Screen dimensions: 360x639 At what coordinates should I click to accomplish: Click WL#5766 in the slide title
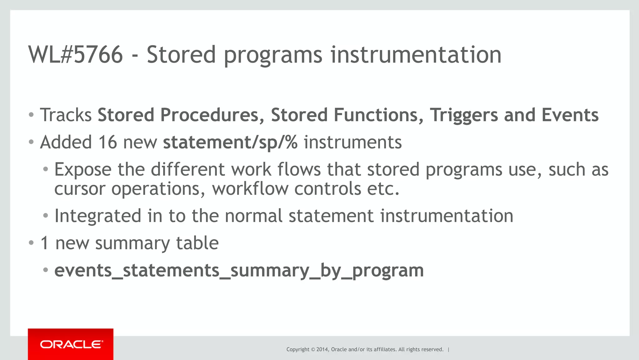point(76,55)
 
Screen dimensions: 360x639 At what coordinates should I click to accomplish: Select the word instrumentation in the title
point(416,55)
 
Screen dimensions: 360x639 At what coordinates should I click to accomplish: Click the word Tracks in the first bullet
point(66,115)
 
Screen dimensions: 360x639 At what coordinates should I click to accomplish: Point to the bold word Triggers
point(464,116)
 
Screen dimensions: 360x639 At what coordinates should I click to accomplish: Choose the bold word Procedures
point(210,115)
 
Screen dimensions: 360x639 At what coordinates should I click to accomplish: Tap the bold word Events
point(570,115)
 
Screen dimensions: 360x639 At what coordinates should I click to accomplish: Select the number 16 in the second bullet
point(108,142)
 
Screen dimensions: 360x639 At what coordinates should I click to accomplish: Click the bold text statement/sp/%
point(230,142)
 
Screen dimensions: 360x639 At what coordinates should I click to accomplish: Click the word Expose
point(83,170)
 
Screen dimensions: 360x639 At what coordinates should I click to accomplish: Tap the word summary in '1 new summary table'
point(133,243)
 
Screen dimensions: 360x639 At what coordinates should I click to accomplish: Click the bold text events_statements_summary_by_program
point(239,270)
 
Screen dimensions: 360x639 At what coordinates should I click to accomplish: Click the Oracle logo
point(71,344)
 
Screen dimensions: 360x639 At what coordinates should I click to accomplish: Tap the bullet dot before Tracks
point(31,115)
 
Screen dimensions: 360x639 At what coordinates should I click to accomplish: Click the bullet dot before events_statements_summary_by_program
point(46,270)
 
